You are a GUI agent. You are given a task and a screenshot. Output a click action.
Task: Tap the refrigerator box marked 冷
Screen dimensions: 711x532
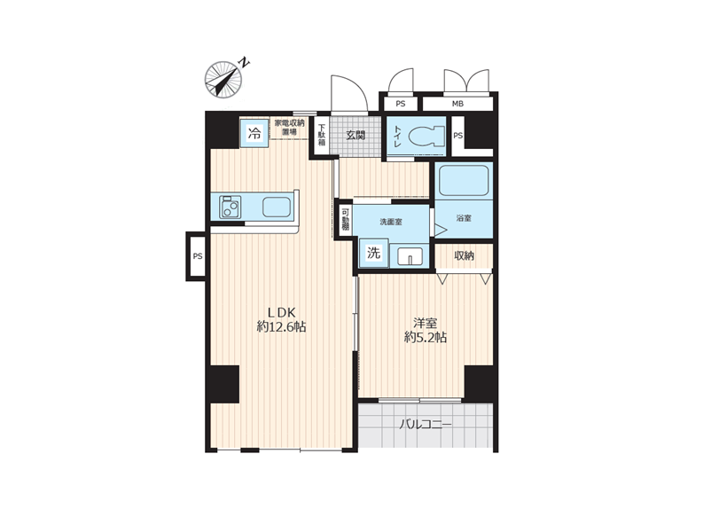pyautogui.click(x=254, y=132)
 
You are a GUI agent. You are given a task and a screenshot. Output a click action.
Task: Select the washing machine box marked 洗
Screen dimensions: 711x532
pyautogui.click(x=373, y=253)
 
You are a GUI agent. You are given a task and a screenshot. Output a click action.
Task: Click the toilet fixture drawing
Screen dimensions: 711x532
pyautogui.click(x=426, y=136)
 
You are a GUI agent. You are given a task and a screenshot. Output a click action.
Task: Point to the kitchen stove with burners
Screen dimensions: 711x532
pyautogui.click(x=230, y=207)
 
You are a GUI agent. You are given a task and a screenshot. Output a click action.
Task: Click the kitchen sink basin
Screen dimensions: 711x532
pyautogui.click(x=277, y=207)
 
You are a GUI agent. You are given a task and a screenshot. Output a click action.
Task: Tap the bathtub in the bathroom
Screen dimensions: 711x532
pyautogui.click(x=464, y=181)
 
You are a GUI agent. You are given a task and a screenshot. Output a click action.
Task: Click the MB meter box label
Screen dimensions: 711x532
pyautogui.click(x=457, y=104)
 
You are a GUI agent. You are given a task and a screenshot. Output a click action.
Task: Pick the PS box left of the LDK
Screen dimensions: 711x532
pyautogui.click(x=197, y=256)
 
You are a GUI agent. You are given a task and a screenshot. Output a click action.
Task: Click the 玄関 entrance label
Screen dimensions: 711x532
pyautogui.click(x=355, y=135)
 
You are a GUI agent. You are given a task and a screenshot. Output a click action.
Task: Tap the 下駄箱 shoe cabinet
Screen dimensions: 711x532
pyautogui.click(x=322, y=135)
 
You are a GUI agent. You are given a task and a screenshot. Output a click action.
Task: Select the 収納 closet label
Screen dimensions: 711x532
pyautogui.click(x=464, y=255)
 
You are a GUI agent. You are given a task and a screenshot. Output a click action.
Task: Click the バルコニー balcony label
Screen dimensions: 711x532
pyautogui.click(x=426, y=425)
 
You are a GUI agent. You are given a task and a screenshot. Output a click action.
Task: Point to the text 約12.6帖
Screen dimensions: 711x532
pyautogui.click(x=281, y=326)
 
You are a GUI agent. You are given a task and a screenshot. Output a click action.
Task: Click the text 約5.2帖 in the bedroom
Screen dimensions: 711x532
pyautogui.click(x=426, y=338)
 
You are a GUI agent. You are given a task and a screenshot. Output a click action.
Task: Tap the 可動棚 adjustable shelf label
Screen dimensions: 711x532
pyautogui.click(x=346, y=219)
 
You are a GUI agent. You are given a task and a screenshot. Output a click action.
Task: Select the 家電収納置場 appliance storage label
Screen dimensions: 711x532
pyautogui.click(x=289, y=127)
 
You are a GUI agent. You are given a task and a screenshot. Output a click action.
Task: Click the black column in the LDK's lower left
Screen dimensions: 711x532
pyautogui.click(x=224, y=384)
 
